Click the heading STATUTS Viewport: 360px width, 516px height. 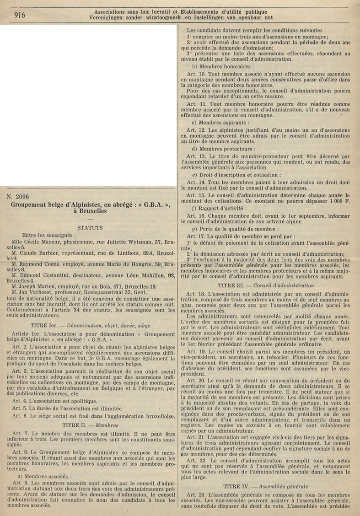click(90, 227)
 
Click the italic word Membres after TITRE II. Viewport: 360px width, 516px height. click(106, 412)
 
